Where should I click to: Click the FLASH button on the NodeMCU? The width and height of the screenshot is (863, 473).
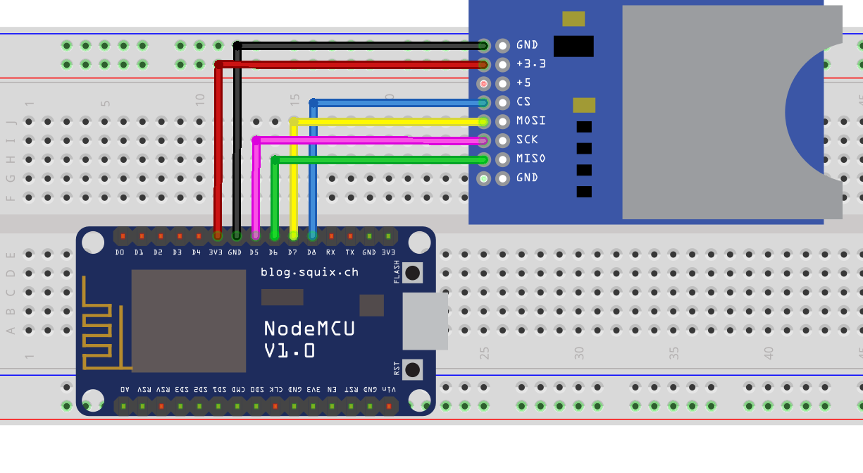point(413,273)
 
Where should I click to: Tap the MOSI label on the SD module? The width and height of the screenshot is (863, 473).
point(530,121)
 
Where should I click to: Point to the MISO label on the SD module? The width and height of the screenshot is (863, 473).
point(530,159)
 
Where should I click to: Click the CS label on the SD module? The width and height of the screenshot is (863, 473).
point(523,102)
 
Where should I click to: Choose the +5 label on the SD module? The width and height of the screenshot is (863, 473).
point(523,82)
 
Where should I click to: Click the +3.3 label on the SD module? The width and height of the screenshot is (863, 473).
point(530,63)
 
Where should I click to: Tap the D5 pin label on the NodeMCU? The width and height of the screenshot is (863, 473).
point(254,252)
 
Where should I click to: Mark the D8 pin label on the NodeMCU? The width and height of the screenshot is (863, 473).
point(311,252)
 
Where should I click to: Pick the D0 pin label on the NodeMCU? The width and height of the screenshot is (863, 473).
point(120,252)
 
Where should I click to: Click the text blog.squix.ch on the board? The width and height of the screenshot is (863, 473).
point(309,271)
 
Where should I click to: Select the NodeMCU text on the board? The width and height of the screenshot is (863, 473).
point(309,328)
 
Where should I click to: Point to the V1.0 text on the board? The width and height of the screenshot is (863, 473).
point(290,350)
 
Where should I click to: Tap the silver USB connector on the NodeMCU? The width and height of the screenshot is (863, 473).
point(425,321)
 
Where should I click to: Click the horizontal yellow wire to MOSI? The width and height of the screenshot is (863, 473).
point(387,121)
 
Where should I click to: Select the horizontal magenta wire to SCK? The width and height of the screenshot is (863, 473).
point(366,140)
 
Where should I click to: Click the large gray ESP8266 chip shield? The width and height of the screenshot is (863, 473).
point(189,321)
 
